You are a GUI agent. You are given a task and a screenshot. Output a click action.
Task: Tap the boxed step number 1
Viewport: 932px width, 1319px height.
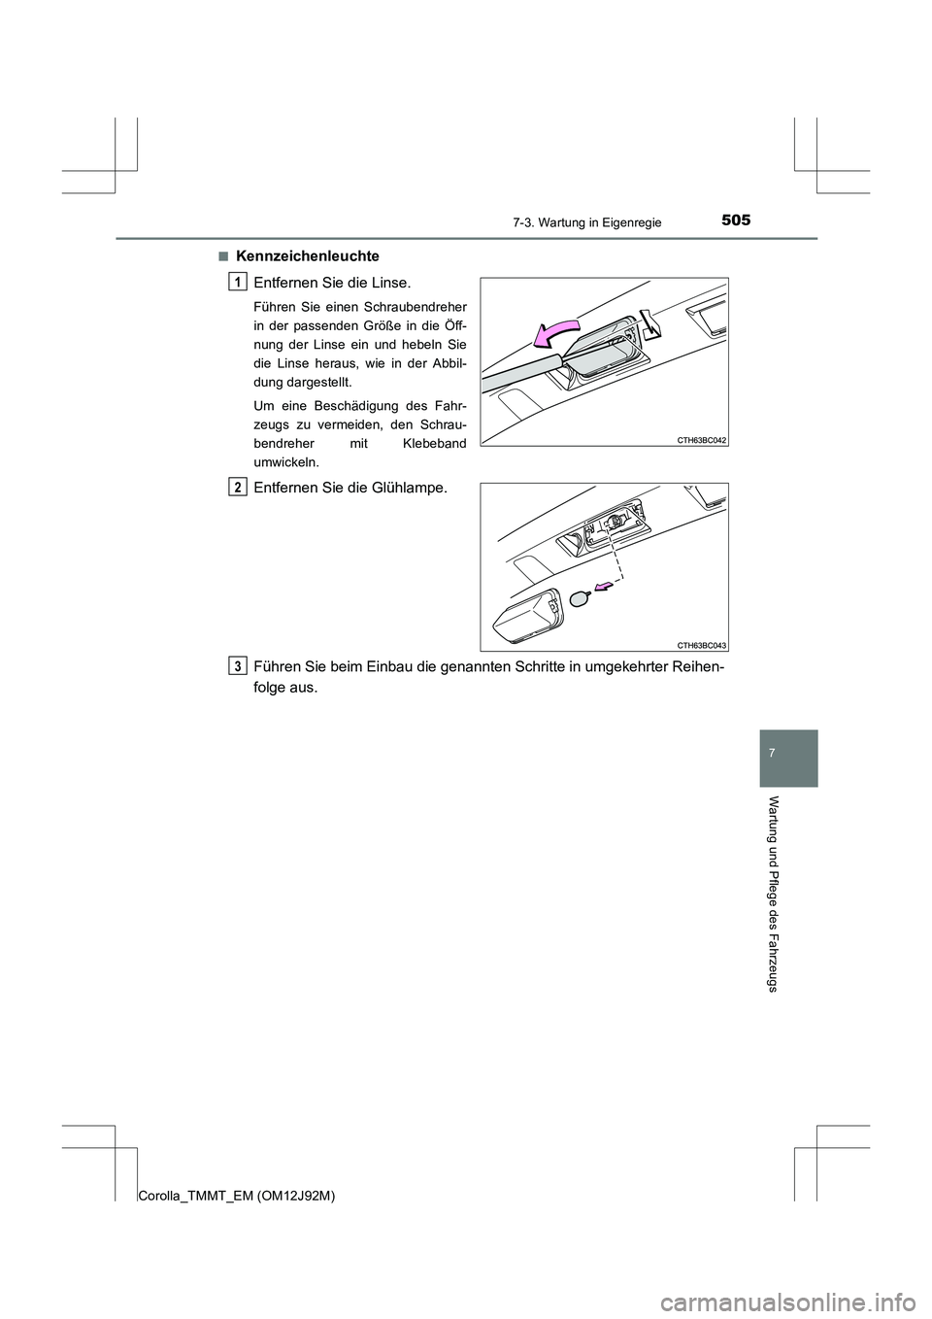tap(238, 282)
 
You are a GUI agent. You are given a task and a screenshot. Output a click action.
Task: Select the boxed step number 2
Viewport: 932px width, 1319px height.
tap(238, 487)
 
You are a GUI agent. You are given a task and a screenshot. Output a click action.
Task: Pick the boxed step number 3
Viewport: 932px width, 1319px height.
tap(238, 664)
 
